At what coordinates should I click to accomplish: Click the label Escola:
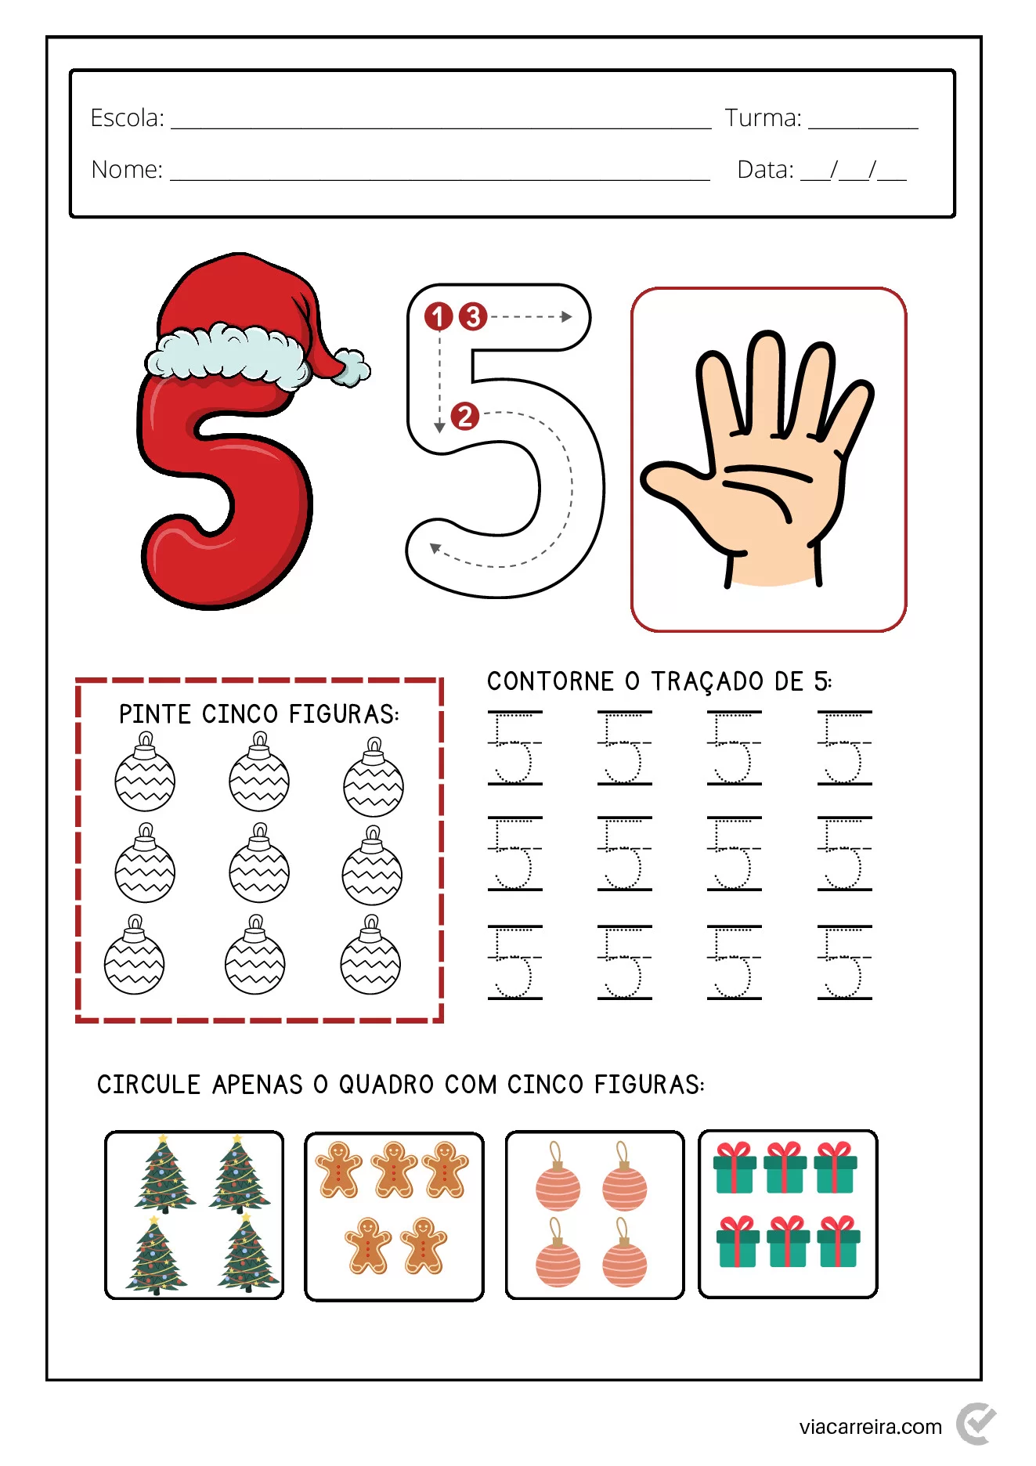click(127, 118)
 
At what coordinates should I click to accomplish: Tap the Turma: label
click(763, 118)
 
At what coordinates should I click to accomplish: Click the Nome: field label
click(127, 170)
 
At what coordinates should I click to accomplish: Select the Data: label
click(765, 170)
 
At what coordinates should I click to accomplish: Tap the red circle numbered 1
click(439, 316)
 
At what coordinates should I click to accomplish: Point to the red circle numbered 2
click(465, 416)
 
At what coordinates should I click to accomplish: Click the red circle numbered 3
click(473, 316)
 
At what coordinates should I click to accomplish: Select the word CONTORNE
click(550, 681)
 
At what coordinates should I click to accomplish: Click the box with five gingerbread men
click(394, 1215)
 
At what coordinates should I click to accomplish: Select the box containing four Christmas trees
click(194, 1214)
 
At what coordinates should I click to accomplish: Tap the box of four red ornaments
click(594, 1214)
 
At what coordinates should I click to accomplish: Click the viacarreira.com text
click(870, 1427)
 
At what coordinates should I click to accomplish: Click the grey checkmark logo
click(976, 1423)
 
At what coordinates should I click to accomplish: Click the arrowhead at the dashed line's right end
click(566, 316)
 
